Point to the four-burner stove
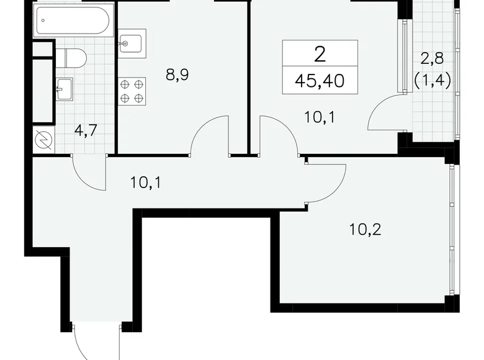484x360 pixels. pos(132,91)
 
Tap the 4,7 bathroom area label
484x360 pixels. pos(85,130)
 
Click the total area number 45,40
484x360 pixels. pos(320,80)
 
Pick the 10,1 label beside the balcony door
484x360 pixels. pos(320,117)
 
